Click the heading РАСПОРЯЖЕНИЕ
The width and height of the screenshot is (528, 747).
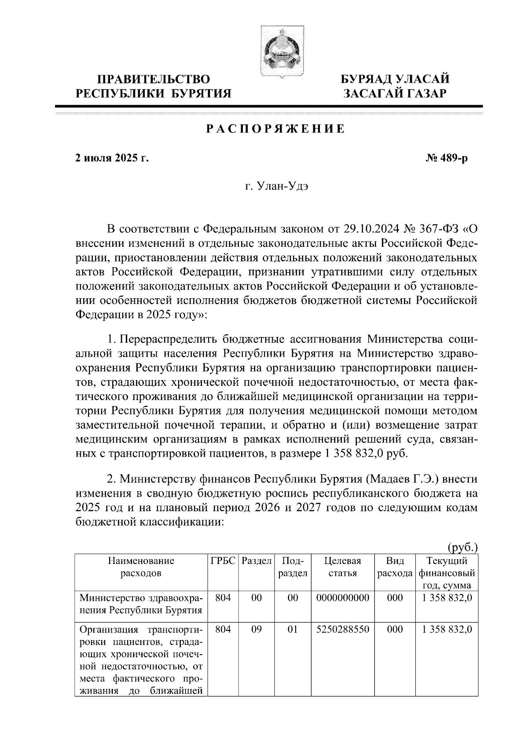[275, 129]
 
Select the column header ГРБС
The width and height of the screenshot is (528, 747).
[223, 561]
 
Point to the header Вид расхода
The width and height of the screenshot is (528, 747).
[395, 567]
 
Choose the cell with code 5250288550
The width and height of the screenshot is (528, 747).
[342, 630]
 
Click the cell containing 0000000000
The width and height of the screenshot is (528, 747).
[342, 597]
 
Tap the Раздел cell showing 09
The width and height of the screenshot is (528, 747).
[256, 630]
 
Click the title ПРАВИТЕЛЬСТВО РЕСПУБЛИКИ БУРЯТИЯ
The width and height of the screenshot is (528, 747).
[153, 86]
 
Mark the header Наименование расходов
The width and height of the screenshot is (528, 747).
[141, 567]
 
